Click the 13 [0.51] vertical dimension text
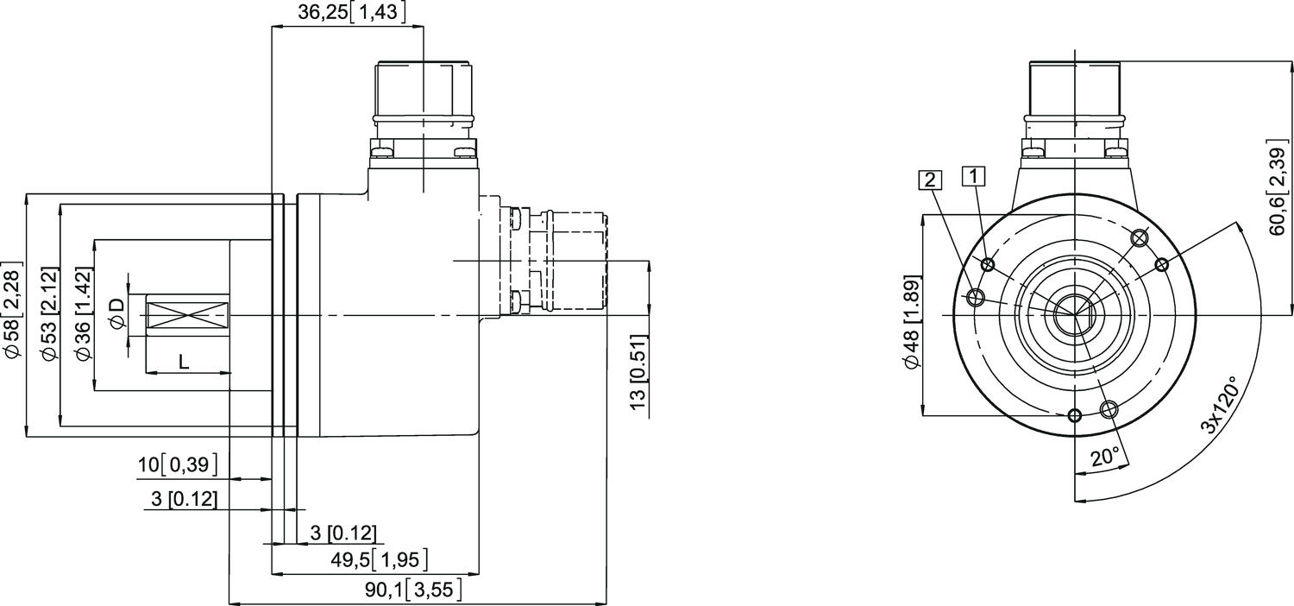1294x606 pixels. point(638,372)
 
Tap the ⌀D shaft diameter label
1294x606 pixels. point(117,315)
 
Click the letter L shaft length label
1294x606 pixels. point(183,363)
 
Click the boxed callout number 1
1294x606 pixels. point(974,176)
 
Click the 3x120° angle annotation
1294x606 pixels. point(1219,405)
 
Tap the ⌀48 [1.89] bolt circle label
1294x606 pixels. point(911,323)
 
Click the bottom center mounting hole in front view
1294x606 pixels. point(1074,416)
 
